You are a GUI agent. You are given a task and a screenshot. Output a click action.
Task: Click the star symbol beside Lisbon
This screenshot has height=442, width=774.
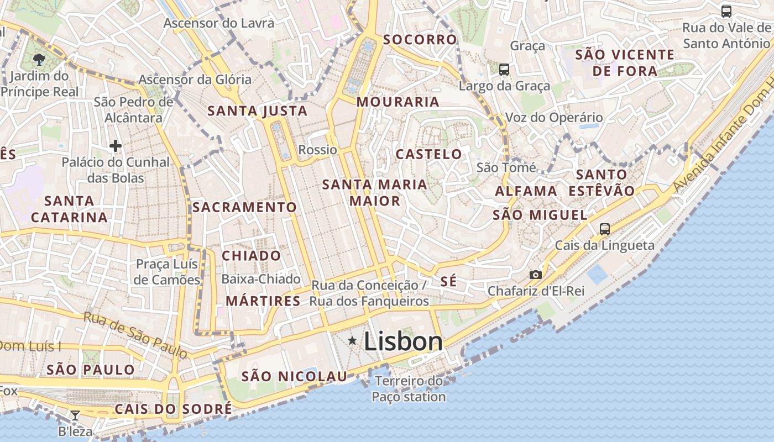click(352, 341)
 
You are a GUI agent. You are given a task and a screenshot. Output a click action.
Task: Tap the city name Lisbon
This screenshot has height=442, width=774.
click(403, 342)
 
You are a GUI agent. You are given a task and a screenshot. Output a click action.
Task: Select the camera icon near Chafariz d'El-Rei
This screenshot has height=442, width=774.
click(535, 275)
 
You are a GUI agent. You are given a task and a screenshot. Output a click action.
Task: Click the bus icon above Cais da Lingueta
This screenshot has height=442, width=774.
click(605, 229)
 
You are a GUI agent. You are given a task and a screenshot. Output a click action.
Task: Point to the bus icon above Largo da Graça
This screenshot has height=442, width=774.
click(504, 70)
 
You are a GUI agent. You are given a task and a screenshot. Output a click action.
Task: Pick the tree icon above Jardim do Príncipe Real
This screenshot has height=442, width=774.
click(39, 60)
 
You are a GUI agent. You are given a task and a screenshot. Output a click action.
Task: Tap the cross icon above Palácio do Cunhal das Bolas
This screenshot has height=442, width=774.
click(116, 146)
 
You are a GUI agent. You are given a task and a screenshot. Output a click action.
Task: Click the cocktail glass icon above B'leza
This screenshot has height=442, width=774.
click(75, 415)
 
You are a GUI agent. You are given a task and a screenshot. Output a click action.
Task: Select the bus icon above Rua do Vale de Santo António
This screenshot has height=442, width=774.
click(726, 11)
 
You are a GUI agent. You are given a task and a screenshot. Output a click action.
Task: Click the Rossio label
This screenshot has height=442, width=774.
click(317, 150)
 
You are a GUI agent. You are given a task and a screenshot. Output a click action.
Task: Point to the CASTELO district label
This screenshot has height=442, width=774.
click(429, 154)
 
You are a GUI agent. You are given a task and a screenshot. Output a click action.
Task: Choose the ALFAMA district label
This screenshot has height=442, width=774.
click(526, 191)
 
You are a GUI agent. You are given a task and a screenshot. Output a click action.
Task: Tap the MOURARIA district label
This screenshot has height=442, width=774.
click(398, 102)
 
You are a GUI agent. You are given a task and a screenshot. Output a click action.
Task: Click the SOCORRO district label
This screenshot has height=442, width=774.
click(420, 39)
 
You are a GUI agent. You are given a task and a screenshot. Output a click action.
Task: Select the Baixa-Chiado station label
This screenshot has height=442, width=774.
click(261, 279)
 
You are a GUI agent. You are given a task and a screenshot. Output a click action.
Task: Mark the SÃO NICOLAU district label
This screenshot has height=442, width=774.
click(295, 376)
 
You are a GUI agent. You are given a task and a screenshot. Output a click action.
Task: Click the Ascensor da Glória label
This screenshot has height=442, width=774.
click(195, 80)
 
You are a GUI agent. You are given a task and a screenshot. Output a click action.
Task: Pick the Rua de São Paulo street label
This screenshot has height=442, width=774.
click(135, 335)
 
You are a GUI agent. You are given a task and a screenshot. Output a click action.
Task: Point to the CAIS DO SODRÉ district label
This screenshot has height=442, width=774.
click(173, 409)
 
